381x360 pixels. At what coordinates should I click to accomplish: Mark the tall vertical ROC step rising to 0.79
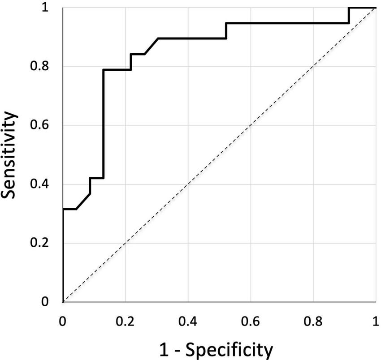(104, 125)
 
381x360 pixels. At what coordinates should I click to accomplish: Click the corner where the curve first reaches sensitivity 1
(349, 8)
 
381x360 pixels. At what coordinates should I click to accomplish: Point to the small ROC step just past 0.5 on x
(226, 30)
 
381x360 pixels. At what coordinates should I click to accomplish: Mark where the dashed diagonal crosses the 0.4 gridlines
(188, 184)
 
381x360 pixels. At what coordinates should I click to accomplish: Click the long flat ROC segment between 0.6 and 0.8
(287, 23)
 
